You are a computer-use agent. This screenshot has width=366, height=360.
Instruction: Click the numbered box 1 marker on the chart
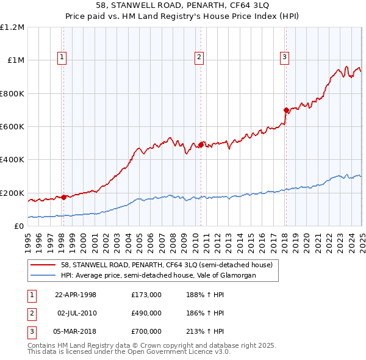coord(63,58)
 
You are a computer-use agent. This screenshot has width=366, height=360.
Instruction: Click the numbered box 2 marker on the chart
coord(199,58)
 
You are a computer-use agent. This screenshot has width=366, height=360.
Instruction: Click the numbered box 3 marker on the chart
coord(285,58)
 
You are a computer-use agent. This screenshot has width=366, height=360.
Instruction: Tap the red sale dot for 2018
coord(286,110)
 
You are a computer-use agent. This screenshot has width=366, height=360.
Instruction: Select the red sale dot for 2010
coord(201,145)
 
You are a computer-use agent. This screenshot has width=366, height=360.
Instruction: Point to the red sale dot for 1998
coord(64,197)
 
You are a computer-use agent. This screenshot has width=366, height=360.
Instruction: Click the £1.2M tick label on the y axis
coord(12,27)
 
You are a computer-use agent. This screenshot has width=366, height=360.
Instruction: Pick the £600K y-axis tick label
coord(12,127)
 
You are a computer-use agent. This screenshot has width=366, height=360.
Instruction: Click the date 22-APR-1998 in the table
coord(76,295)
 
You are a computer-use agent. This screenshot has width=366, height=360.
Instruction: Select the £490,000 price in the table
coord(146,313)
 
